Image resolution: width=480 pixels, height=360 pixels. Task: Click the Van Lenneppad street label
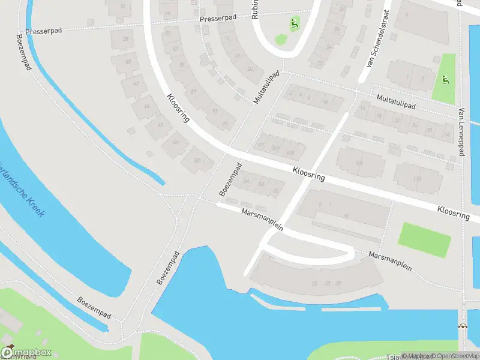[x=461, y=132]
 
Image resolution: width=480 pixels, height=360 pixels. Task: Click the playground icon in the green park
[x=444, y=80]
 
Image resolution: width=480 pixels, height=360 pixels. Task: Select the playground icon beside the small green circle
[x=294, y=25]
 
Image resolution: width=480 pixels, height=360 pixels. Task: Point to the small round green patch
[x=281, y=40]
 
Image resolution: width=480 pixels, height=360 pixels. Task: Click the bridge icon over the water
[x=462, y=328]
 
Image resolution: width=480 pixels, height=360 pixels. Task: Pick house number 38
[x=125, y=39]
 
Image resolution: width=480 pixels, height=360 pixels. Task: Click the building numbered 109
[x=359, y=163]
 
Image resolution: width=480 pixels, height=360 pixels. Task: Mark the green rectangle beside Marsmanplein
[x=424, y=239]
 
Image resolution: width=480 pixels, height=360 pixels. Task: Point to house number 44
[x=147, y=106]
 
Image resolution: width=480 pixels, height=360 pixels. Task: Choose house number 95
[x=225, y=124]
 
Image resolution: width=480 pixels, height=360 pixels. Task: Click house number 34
[x=446, y=134]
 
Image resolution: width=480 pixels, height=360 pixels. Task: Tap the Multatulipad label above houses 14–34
[x=396, y=101]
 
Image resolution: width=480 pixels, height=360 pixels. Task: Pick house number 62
[x=276, y=190]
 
